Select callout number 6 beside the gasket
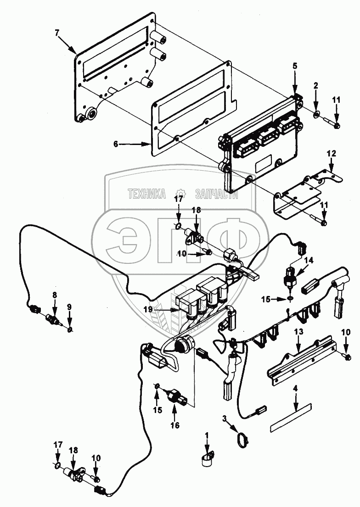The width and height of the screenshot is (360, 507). click(x=116, y=144)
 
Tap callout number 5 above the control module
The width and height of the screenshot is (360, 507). click(x=295, y=66)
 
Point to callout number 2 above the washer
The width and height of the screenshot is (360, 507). click(x=316, y=86)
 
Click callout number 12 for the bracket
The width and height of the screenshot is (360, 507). click(x=332, y=152)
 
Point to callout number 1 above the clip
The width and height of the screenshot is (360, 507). click(x=207, y=434)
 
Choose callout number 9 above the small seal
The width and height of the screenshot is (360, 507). click(x=69, y=306)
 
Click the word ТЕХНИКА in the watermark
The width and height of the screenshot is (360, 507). click(x=146, y=194)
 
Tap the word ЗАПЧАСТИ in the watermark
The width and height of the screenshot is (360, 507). click(x=216, y=194)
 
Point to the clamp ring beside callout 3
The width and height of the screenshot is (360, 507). click(x=242, y=440)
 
